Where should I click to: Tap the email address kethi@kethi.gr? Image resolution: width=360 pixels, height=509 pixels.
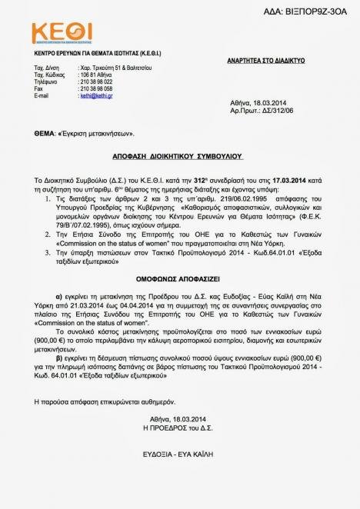point(92,95)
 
